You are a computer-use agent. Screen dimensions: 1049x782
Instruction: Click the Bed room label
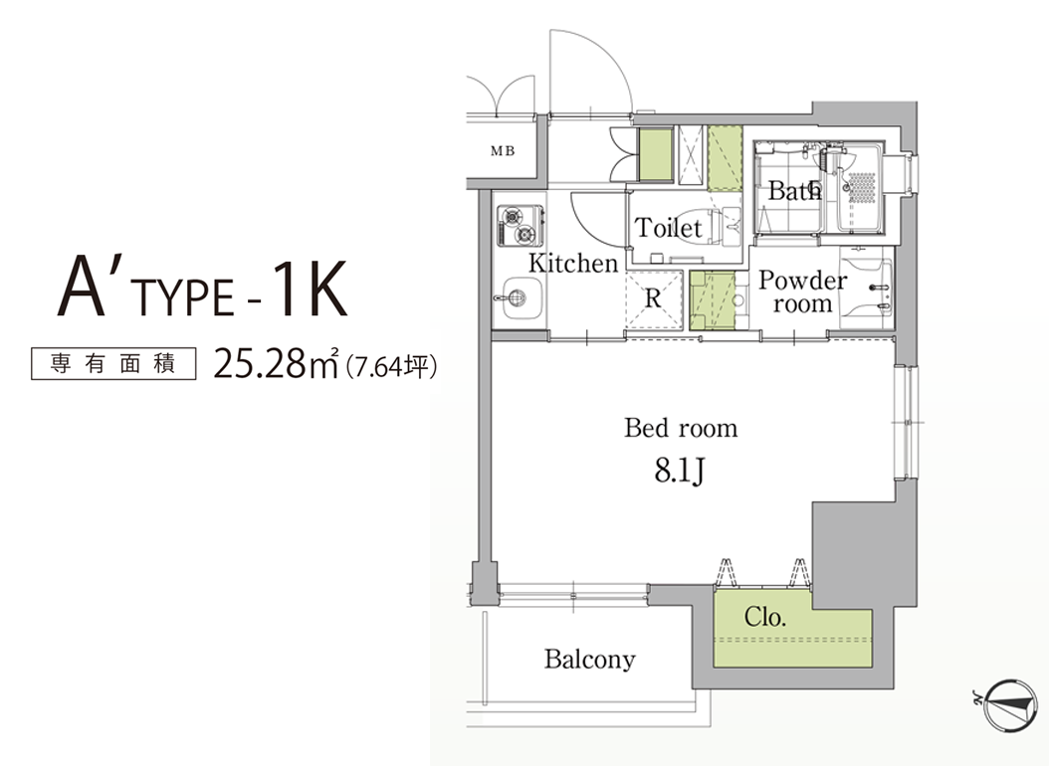coord(681,428)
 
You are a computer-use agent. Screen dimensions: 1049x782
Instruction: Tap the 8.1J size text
coord(679,472)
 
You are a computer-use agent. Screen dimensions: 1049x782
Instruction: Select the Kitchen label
coord(573,263)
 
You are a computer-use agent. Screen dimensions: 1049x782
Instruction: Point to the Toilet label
coord(669,228)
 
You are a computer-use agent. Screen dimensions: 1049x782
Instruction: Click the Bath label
coord(794,191)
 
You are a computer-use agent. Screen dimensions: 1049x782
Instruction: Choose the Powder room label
coord(803,292)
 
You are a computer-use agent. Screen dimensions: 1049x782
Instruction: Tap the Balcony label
coord(589,660)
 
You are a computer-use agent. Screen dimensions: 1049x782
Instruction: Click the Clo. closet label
coord(764,617)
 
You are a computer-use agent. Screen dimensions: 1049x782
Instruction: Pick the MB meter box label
coord(503,151)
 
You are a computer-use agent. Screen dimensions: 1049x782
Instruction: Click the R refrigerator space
coord(653,298)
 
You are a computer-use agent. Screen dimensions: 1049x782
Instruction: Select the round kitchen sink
coord(521,297)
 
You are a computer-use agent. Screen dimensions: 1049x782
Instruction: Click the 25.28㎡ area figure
coord(276,364)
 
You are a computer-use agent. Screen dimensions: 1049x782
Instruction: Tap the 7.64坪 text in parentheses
coord(392,366)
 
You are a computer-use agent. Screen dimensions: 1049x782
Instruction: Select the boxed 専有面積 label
coord(113,364)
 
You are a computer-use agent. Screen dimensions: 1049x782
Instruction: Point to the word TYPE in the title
coord(185,297)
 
